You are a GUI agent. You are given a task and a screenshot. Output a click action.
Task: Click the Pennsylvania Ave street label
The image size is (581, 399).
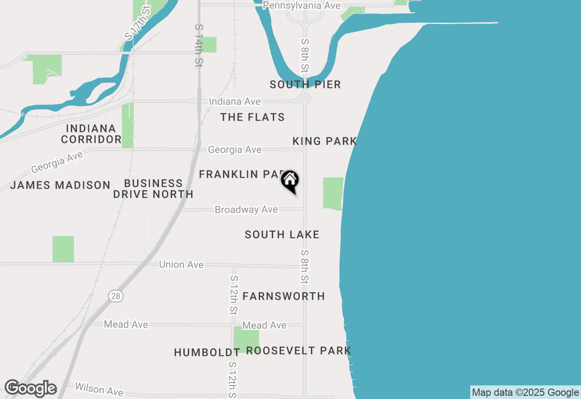[301, 5]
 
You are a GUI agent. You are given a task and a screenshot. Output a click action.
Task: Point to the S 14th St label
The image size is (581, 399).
[198, 46]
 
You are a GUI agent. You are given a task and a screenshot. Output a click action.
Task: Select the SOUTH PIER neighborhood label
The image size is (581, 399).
[305, 85]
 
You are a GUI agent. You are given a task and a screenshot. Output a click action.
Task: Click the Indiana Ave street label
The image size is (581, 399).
[235, 101]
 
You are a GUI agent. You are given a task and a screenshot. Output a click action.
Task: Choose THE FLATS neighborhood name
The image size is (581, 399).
[252, 117]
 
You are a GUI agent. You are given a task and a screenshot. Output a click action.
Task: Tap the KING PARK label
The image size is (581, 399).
[325, 141]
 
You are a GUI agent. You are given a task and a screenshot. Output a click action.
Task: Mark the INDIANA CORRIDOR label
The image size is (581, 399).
[91, 134]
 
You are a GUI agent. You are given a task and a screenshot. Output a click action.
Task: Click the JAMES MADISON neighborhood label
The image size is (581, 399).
[60, 185]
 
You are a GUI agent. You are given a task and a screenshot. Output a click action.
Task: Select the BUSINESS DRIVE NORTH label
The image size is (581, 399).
[153, 189]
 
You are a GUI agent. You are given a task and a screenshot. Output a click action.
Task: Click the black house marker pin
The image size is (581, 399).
[290, 181]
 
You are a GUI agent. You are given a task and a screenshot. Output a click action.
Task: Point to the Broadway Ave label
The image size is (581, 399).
[246, 210]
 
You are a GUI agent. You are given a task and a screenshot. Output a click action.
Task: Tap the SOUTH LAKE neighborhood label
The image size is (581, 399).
[282, 235]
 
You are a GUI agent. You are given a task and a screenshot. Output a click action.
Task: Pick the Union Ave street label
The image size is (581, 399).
[181, 264]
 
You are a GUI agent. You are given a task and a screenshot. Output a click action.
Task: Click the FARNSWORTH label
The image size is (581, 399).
[284, 297]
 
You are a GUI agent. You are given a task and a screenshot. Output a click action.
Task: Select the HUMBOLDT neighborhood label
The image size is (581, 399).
[207, 353]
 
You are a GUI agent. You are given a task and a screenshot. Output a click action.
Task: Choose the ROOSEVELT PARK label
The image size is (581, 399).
[299, 351]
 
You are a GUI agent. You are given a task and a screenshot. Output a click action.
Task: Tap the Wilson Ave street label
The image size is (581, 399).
[99, 389]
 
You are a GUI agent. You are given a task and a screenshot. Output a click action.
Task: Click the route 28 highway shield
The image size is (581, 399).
[116, 296]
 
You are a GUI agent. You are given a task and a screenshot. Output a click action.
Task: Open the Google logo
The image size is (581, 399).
[31, 389]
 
